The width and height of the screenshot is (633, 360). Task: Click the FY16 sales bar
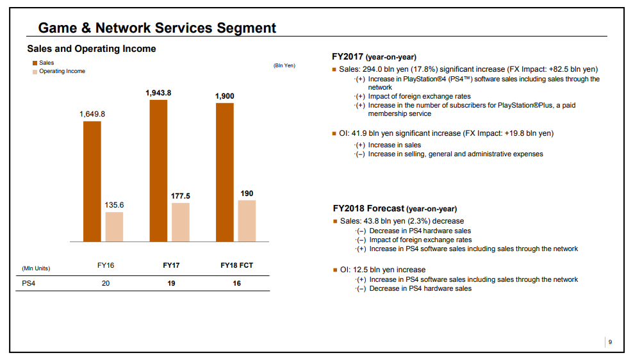92,181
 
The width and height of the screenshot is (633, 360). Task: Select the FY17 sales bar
158,170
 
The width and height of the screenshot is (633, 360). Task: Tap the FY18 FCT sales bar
225,172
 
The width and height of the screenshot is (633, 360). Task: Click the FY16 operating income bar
114,227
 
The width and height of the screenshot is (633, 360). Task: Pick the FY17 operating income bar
181,222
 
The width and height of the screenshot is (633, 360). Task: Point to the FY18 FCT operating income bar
247,221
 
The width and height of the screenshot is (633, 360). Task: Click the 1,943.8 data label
158,93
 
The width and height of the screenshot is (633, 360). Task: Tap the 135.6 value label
114,205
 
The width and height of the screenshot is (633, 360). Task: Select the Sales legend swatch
35,63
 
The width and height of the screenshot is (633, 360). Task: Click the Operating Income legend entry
62,71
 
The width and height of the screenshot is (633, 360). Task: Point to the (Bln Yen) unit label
284,65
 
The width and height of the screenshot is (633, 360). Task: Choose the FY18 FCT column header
236,266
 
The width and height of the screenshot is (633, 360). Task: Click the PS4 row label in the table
29,283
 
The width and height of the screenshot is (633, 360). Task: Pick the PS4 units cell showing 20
106,283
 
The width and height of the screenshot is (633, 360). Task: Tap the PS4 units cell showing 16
236,283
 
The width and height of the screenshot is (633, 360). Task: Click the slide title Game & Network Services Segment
157,28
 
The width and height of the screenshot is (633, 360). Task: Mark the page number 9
610,343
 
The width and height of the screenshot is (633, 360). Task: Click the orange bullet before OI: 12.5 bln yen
334,270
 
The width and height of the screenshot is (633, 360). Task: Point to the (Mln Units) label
36,268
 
